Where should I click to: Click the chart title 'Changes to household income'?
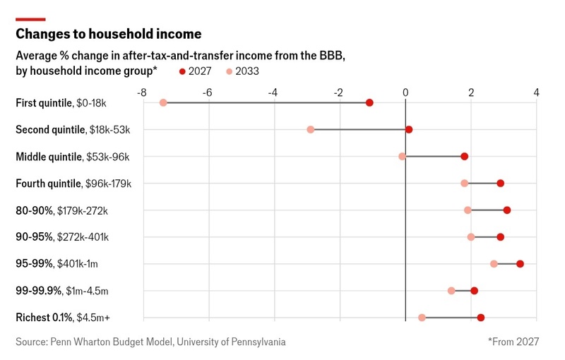point(109,34)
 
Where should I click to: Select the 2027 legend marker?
point(183,71)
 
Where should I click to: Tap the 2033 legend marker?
point(229,71)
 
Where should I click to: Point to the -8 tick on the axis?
point(142,92)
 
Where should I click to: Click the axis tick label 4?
point(537,92)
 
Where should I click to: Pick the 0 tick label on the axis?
point(405,92)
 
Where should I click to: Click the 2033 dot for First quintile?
point(163,103)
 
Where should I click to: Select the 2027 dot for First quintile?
point(369,103)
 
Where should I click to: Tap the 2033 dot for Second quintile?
point(311,130)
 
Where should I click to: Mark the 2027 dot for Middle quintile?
point(464,157)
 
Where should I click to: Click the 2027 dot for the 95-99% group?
point(520,264)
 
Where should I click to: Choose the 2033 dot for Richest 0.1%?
point(422,318)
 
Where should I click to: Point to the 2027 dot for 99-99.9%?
point(474,291)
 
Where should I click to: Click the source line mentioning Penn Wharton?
point(150,342)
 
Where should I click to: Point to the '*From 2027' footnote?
point(513,342)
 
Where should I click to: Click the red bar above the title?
point(30,19)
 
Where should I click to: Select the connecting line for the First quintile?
point(266,103)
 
